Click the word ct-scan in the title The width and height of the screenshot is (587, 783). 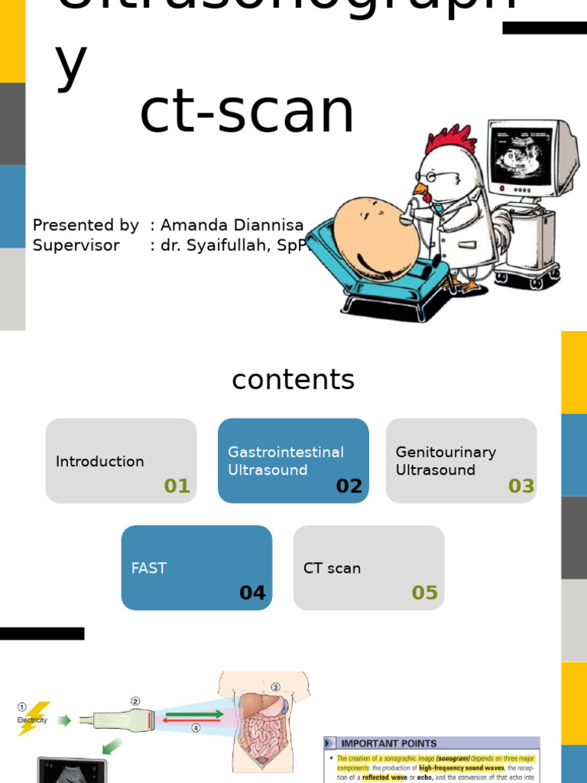(x=247, y=113)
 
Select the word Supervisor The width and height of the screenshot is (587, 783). (x=76, y=245)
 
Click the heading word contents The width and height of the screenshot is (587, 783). (x=293, y=380)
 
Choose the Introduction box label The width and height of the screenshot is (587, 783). (x=99, y=461)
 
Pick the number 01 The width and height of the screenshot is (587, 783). (x=177, y=486)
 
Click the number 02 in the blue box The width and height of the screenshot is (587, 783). (x=349, y=486)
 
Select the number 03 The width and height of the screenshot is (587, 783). (x=521, y=486)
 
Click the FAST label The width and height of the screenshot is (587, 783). (x=148, y=568)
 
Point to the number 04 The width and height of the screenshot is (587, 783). (x=252, y=593)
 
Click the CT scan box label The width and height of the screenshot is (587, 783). (x=332, y=568)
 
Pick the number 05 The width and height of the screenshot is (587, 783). (x=425, y=593)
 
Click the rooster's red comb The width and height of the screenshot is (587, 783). (x=451, y=141)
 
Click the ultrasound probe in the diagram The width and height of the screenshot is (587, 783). (x=122, y=720)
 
